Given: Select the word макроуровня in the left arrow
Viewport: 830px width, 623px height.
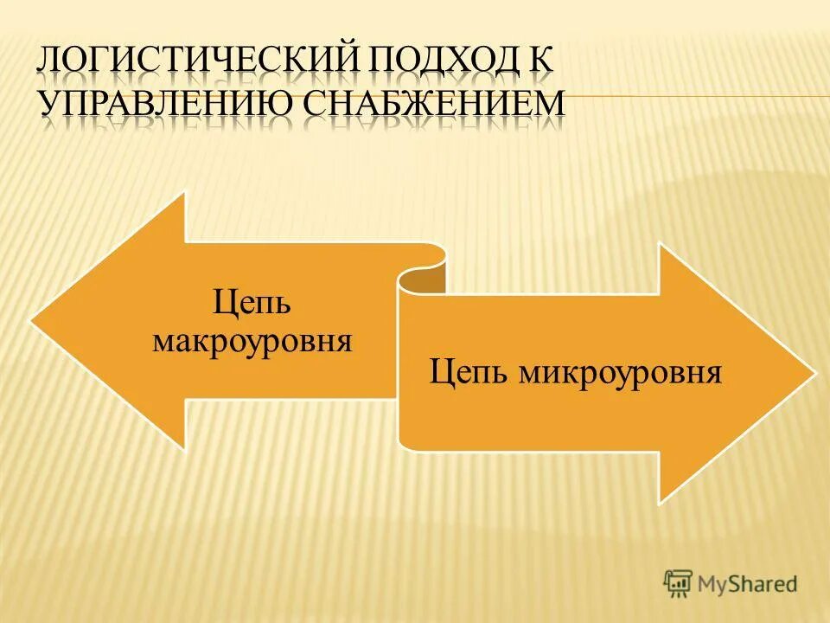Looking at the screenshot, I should [252, 340].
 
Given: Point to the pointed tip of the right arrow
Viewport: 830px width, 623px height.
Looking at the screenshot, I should [814, 374].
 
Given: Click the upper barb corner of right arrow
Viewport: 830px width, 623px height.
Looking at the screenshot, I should [661, 245].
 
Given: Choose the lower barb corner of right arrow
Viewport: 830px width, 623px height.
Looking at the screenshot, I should [661, 502].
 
